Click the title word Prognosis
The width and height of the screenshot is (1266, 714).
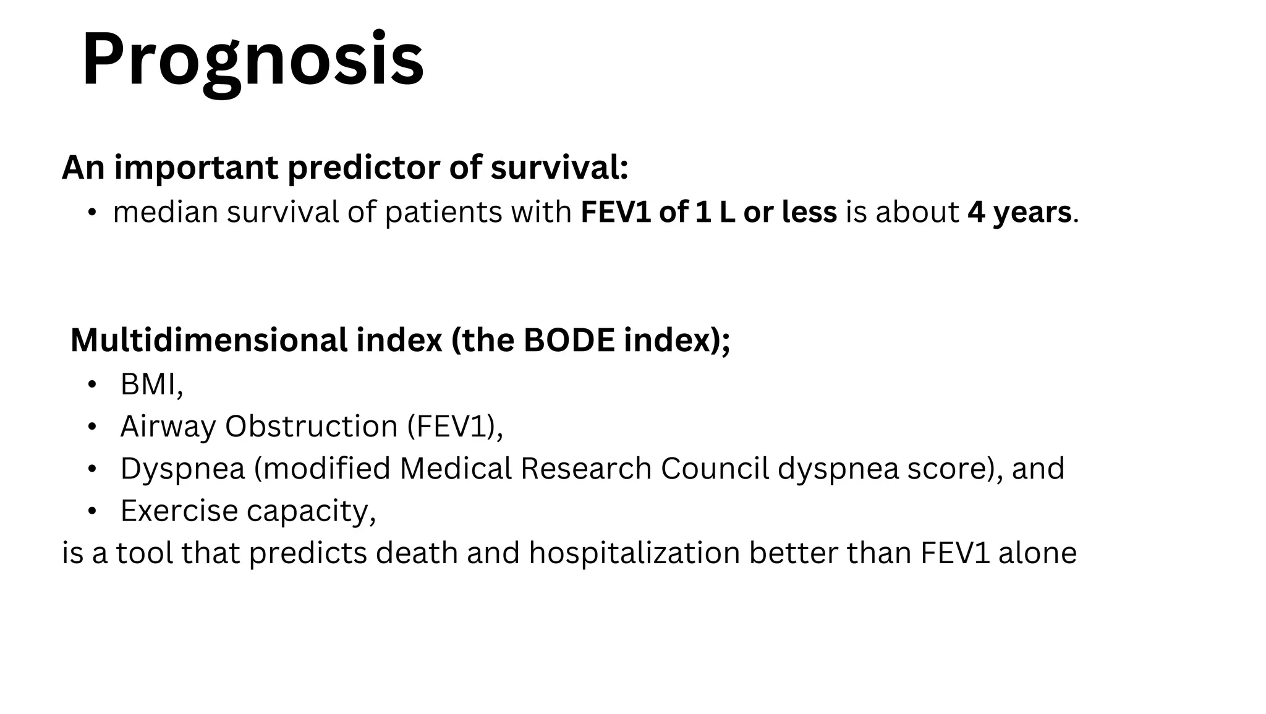tap(252, 61)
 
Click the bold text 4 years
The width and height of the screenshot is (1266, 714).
tap(1019, 212)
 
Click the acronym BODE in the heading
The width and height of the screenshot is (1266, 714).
tap(569, 340)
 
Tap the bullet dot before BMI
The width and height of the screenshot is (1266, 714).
tap(92, 385)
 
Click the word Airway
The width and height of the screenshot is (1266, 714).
tap(168, 427)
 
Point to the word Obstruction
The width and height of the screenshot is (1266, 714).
tap(311, 427)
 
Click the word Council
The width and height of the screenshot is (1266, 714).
tap(714, 469)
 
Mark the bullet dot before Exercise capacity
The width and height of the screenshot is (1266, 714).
tap(92, 511)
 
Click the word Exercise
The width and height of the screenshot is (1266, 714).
tap(179, 511)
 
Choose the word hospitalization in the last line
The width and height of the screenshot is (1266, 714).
tap(634, 553)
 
